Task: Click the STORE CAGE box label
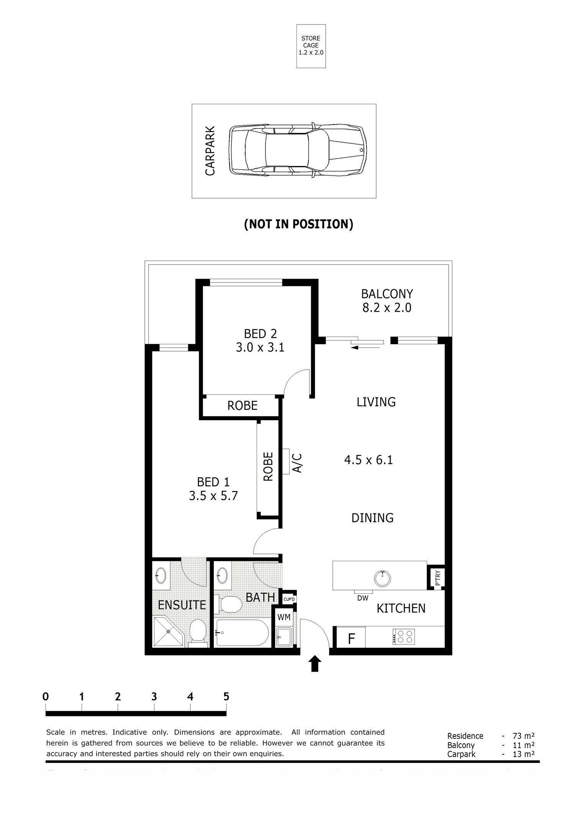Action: coord(311,45)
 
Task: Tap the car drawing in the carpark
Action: coord(297,151)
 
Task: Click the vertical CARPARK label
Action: coord(210,151)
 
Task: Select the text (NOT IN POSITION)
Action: coord(298,224)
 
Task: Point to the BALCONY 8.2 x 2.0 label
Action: coord(387,301)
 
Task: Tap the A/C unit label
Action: coord(297,463)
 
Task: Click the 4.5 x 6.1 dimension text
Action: coord(369,460)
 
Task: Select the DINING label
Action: coord(372,518)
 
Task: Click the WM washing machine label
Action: coord(284,617)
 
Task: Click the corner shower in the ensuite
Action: coord(167,632)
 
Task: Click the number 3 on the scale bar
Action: coord(154,696)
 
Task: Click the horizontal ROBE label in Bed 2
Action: coord(242,406)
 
